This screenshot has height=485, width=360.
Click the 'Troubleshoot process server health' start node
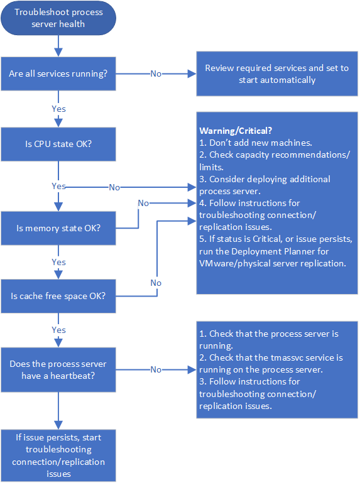click(x=58, y=18)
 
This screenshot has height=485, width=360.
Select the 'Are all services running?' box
click(x=58, y=74)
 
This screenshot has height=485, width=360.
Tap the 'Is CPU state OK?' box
click(x=58, y=144)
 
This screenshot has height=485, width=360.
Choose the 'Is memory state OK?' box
click(x=58, y=227)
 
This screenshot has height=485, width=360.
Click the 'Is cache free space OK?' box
click(x=58, y=295)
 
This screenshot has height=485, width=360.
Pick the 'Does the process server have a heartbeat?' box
click(x=58, y=370)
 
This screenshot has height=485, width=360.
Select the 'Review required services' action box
click(x=276, y=74)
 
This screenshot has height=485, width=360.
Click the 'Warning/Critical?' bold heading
click(x=236, y=131)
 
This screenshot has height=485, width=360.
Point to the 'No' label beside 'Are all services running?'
click(x=156, y=74)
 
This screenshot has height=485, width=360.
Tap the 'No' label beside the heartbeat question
click(x=156, y=370)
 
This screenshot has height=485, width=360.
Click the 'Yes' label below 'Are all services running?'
click(x=58, y=109)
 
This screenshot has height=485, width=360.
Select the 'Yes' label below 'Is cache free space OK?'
click(x=58, y=330)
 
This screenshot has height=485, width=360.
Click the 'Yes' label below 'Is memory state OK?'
click(x=58, y=262)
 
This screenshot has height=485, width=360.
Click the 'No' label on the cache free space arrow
click(x=155, y=283)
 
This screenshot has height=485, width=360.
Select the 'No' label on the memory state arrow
click(x=143, y=203)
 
